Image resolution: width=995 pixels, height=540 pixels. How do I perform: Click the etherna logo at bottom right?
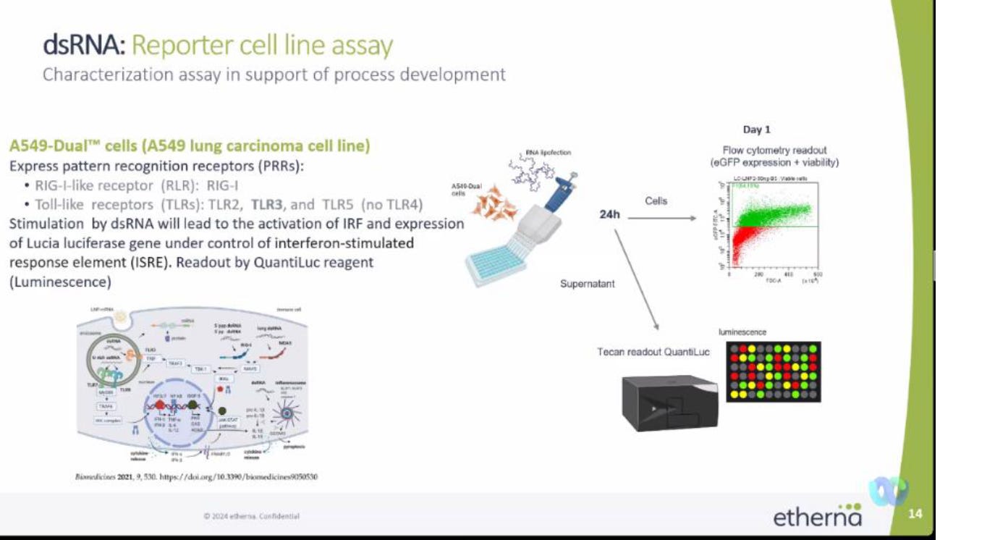pos(818,516)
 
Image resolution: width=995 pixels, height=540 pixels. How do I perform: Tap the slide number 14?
pos(915,514)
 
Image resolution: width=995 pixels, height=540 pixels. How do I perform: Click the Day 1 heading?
pos(756,130)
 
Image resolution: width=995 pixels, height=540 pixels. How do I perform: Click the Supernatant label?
pos(587,284)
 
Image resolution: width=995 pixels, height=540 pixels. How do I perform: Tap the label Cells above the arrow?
pos(656,201)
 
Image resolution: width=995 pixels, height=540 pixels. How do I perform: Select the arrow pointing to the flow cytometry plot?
pos(665,216)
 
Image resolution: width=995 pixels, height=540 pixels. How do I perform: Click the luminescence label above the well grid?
pos(742,332)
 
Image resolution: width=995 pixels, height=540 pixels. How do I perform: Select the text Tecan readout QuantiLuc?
pos(653,352)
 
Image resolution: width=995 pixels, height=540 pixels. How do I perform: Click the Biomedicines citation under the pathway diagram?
pos(197,477)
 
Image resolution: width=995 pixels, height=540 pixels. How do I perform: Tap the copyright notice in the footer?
pos(251,516)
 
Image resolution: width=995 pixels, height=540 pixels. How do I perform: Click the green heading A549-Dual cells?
pos(190,146)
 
